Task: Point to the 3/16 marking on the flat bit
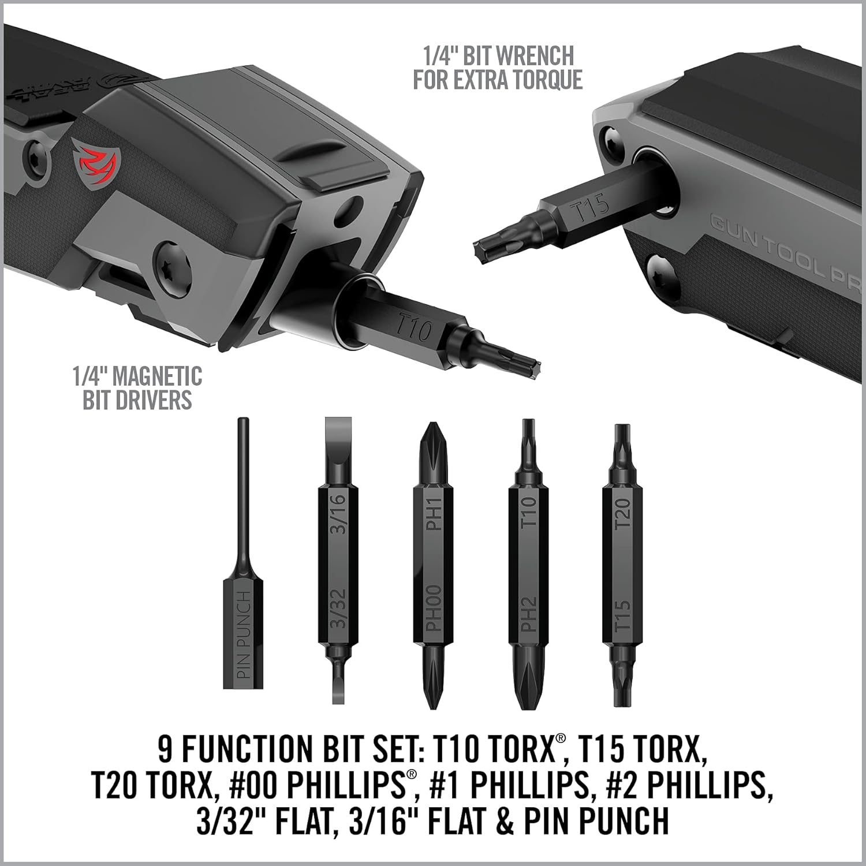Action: (x=338, y=514)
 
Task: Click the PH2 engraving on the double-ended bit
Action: (x=529, y=614)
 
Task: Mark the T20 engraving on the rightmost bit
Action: (x=623, y=514)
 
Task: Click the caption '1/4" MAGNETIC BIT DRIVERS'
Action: (x=137, y=388)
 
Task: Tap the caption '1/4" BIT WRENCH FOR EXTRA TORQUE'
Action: (x=498, y=68)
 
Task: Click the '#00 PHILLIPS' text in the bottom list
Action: (x=324, y=785)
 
